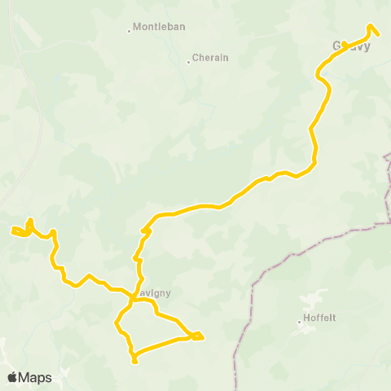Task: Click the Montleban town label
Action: [x=159, y=27]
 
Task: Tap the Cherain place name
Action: [x=211, y=59]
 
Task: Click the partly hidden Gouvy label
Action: [x=351, y=46]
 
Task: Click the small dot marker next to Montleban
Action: [x=130, y=32]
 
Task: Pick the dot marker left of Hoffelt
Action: [x=300, y=322]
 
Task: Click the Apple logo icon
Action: [x=12, y=377]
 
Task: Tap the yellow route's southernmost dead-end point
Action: [x=134, y=361]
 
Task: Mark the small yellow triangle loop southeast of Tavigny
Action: [x=196, y=335]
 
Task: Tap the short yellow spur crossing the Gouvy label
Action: [x=345, y=44]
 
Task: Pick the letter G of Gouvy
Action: [x=337, y=46]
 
